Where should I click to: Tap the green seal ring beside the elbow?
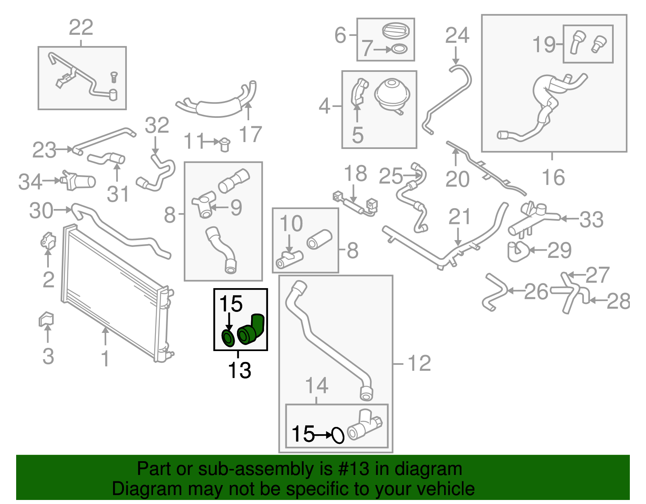click(228, 338)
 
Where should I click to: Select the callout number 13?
click(239, 370)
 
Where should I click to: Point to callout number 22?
click(81, 27)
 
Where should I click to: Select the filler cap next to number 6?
click(394, 31)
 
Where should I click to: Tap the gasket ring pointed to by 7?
click(399, 49)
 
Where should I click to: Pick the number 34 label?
click(30, 182)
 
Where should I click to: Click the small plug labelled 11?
click(224, 144)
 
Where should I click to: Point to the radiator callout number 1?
click(105, 358)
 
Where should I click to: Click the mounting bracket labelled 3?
click(46, 319)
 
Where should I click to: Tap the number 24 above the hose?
click(457, 36)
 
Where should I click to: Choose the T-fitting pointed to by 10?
click(289, 259)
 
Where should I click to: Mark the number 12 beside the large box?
click(419, 363)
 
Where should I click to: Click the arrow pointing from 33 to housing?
click(569, 219)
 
